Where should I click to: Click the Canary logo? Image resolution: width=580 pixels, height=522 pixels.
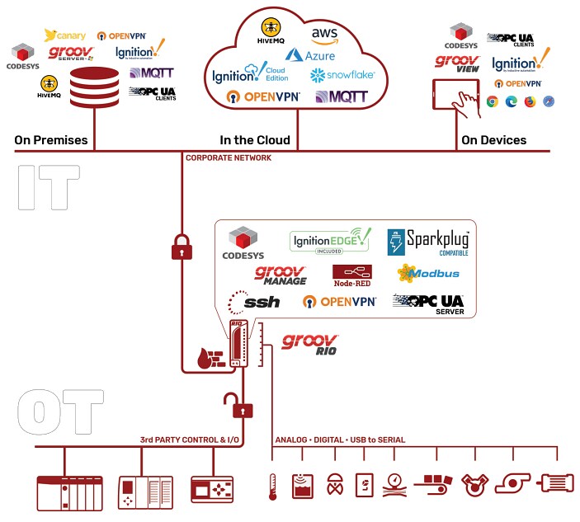64,35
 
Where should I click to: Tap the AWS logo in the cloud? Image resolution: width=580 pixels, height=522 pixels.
324,35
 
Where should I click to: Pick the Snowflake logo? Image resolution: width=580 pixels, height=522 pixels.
342,75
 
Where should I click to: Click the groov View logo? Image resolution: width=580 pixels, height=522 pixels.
456,63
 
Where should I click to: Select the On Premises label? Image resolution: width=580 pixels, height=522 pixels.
51,140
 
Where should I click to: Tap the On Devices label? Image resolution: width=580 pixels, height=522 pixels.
493,140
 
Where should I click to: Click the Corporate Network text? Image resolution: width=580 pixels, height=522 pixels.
228,158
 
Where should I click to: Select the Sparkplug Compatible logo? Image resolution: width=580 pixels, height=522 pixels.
427,242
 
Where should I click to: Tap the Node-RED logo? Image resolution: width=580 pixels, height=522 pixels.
351,274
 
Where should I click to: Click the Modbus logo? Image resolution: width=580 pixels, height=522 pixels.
427,273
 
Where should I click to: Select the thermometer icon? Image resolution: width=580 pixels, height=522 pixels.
271,487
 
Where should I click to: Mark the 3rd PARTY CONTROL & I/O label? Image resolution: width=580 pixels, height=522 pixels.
190,440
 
